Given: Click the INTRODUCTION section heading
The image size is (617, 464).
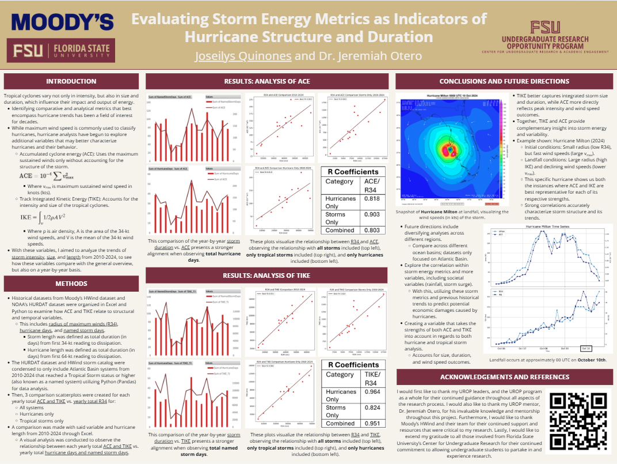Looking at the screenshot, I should pyautogui.click(x=71, y=81).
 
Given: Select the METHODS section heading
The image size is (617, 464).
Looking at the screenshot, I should pyautogui.click(x=71, y=284).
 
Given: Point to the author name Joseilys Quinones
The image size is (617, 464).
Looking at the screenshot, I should pyautogui.click(x=243, y=56).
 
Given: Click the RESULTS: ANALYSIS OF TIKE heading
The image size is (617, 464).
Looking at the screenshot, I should pyautogui.click(x=266, y=275).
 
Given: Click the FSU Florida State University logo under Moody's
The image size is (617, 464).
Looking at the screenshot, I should pyautogui.click(x=61, y=50).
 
